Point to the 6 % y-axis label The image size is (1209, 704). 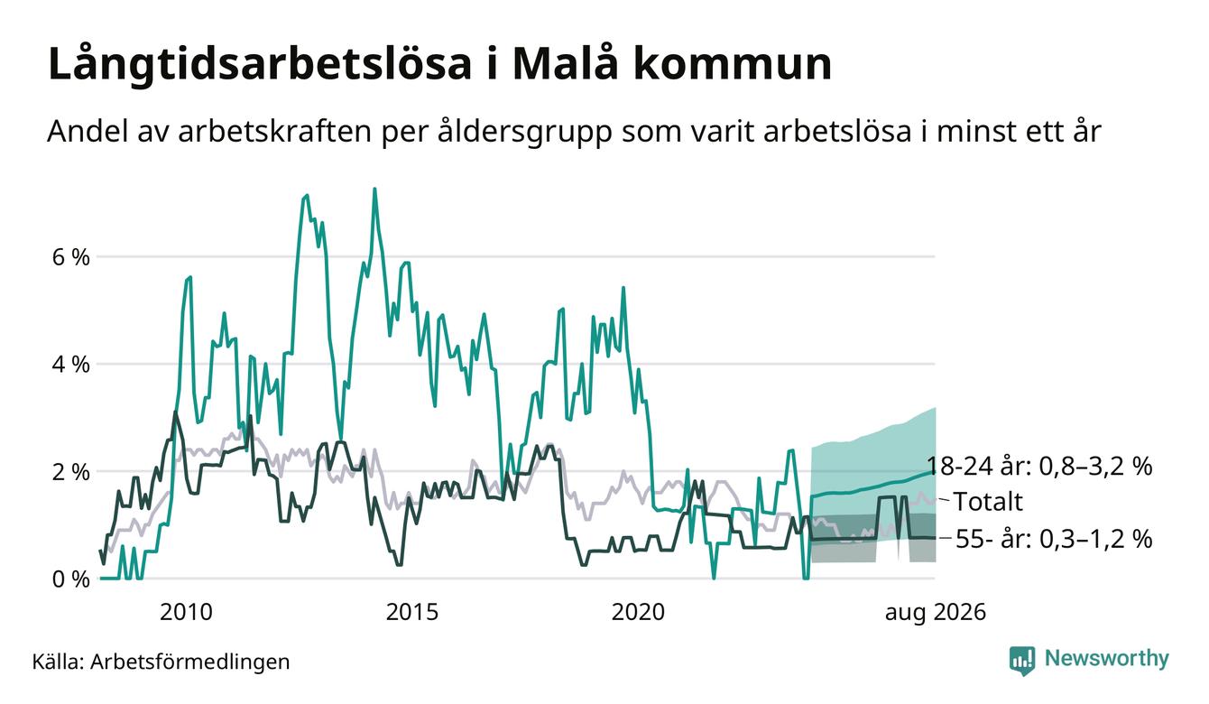click(70, 257)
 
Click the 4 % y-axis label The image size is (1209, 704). click(70, 365)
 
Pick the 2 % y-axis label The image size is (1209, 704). click(70, 472)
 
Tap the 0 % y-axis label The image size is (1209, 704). click(70, 579)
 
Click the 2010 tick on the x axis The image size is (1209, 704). click(186, 612)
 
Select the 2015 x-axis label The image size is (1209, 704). click(412, 612)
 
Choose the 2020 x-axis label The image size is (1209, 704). click(638, 612)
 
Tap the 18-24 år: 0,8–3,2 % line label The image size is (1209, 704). click(1039, 466)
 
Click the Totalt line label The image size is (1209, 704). click(988, 502)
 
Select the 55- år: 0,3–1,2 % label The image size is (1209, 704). click(1054, 539)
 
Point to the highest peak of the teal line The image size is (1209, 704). click(374, 190)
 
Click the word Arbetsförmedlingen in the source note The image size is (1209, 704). click(190, 662)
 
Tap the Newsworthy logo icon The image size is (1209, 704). click(1022, 661)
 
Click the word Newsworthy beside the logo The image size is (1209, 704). click(1107, 659)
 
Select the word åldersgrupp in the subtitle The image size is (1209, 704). click(524, 133)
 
